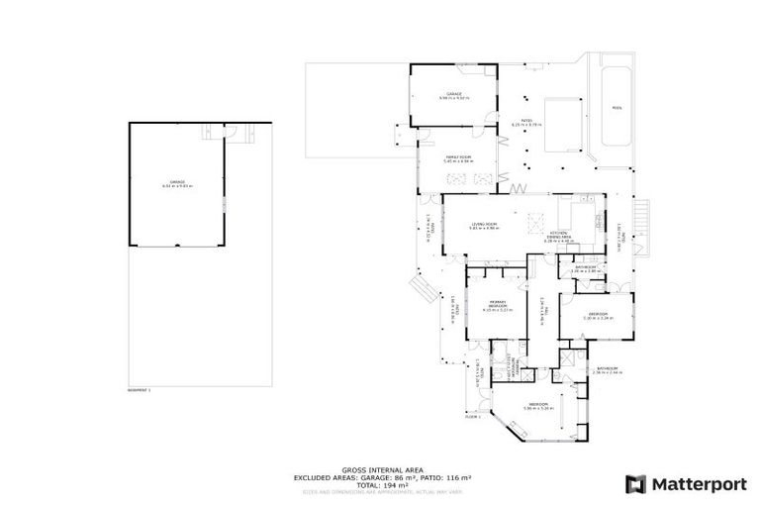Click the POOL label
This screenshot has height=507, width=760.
617,108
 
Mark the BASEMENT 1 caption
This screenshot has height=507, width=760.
141,390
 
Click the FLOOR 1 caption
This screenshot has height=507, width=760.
472,417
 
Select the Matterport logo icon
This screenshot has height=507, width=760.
636,483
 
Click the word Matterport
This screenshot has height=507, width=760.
693,483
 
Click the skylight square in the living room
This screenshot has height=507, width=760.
536,220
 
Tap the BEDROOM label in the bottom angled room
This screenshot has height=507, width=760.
539,405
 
